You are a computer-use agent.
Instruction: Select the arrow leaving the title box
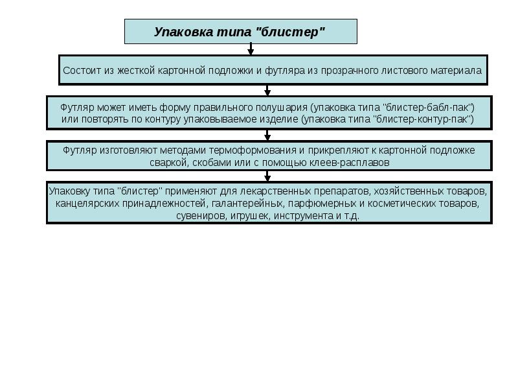[x=251, y=49]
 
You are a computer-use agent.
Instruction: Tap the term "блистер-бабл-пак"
[x=429, y=106]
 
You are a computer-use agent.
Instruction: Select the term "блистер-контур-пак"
[x=426, y=119]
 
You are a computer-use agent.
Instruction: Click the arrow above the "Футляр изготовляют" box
[x=267, y=135]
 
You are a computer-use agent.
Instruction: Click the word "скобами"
[x=212, y=163]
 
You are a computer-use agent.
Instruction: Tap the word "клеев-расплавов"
[x=354, y=163]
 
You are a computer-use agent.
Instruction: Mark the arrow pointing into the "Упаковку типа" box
[x=267, y=176]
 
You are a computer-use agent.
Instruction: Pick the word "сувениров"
[x=199, y=216]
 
